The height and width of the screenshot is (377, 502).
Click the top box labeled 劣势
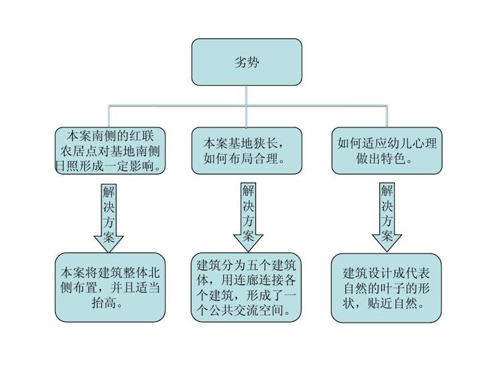pos(247,62)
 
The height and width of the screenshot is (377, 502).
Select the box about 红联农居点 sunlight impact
pos(110,151)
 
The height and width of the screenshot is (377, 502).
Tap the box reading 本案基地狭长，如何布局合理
pos(247,151)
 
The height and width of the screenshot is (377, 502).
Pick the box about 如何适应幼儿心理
pos(387,151)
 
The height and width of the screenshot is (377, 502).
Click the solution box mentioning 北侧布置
pos(110,287)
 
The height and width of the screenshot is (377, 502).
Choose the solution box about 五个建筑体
pos(247,287)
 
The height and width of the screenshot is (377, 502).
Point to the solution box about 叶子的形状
pos(387,288)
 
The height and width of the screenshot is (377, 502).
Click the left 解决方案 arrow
pos(109,218)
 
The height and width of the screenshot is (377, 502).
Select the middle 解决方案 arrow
pos(248,217)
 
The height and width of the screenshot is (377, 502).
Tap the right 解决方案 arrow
pos(387,217)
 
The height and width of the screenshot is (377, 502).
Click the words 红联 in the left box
pos(141,136)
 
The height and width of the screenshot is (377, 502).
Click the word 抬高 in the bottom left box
pos(104,303)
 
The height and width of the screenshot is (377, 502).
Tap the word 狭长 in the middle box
pos(265,143)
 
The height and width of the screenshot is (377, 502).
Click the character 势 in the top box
pos(253,62)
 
